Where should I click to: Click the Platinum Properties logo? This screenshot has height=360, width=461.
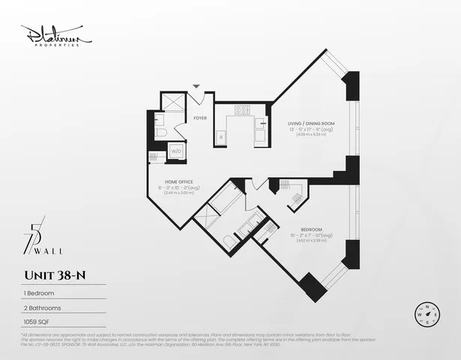(55, 35)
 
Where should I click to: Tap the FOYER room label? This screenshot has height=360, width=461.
(200, 118)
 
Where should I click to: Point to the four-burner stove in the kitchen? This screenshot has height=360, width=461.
(242, 110)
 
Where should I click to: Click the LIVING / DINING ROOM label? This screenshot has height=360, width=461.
(311, 123)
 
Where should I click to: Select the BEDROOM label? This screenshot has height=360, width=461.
(312, 229)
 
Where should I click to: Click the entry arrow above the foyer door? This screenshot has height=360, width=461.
(197, 87)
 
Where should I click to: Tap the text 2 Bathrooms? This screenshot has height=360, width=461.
(42, 307)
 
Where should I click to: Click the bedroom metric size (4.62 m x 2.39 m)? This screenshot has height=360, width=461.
(311, 241)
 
